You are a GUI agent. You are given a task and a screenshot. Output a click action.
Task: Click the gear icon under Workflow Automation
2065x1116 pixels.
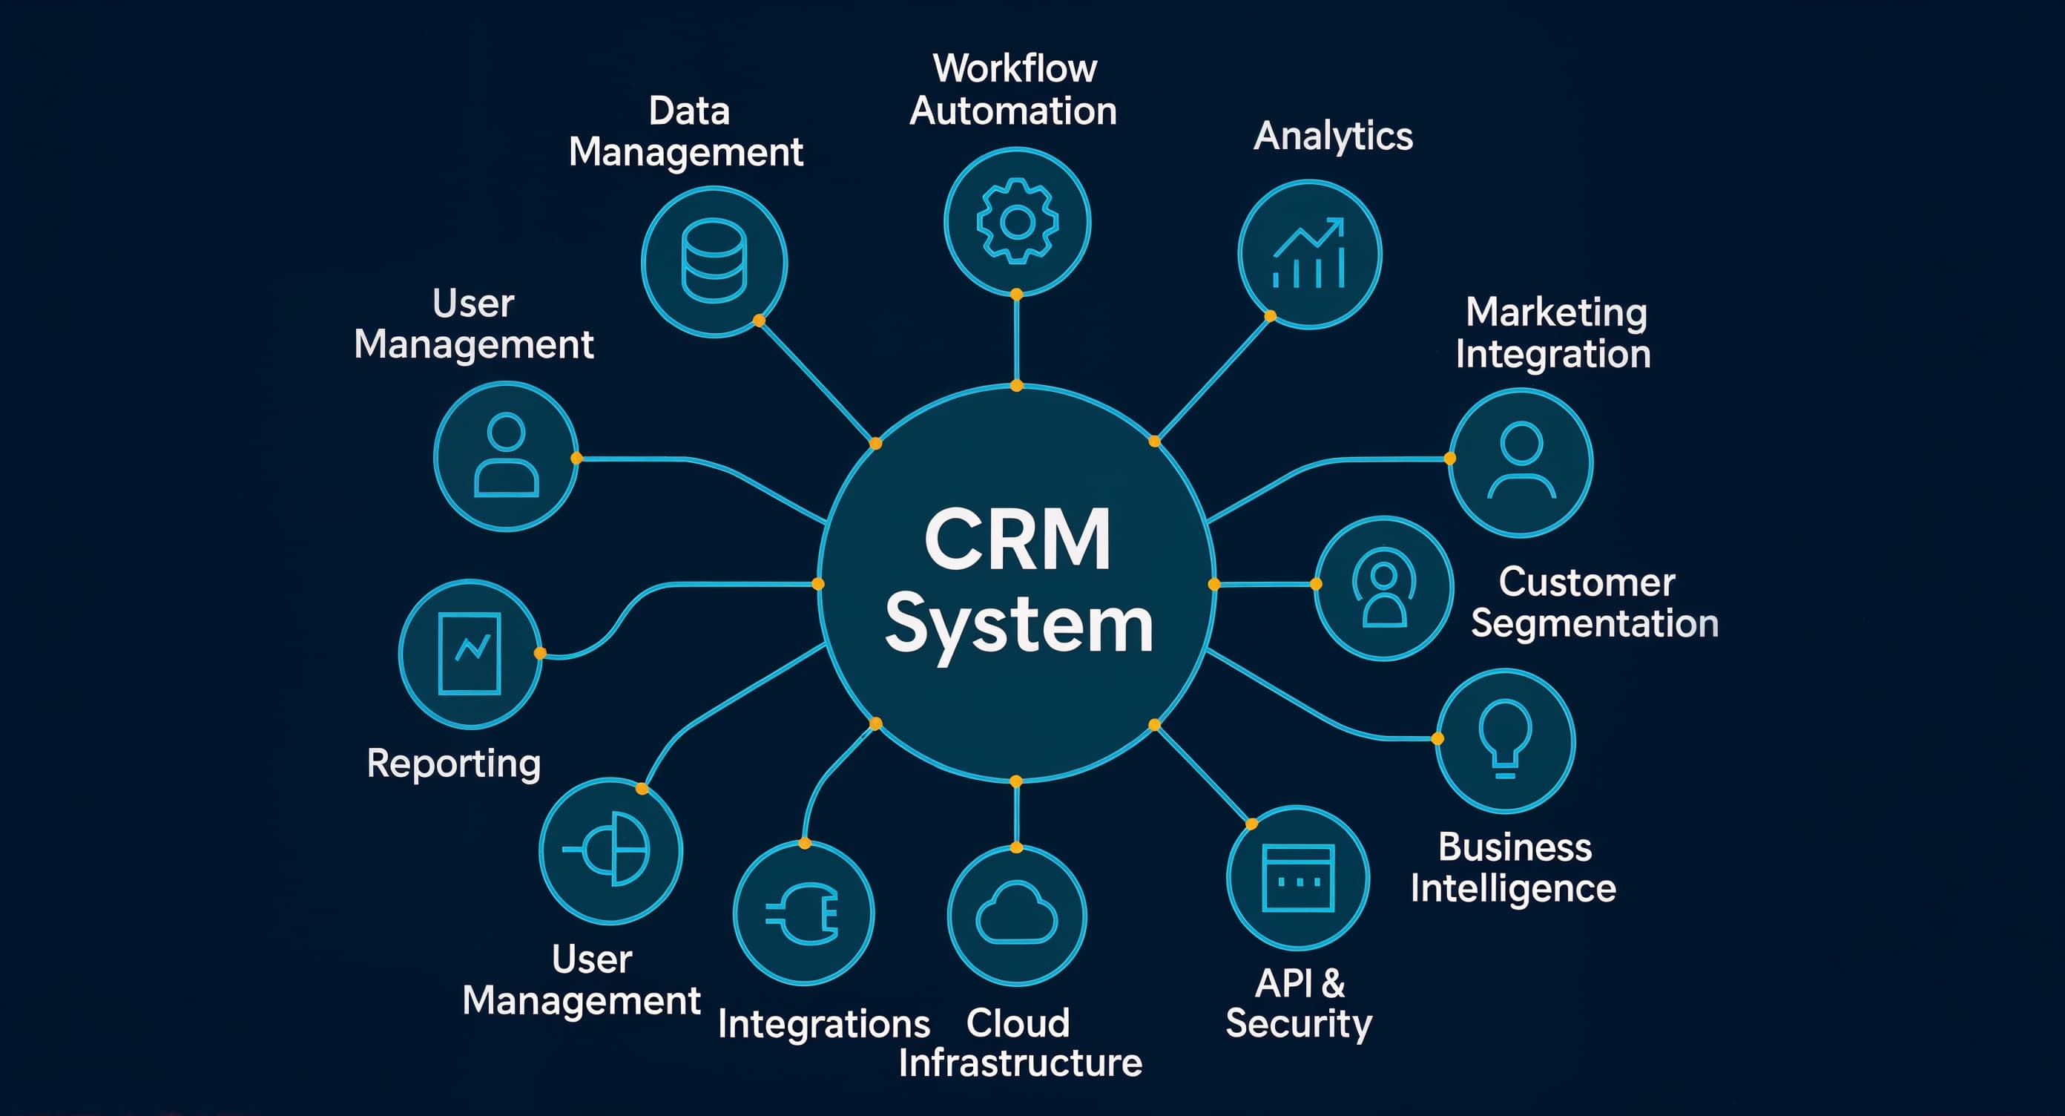click(1016, 221)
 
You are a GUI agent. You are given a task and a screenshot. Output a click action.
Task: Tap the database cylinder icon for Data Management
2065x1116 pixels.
click(714, 261)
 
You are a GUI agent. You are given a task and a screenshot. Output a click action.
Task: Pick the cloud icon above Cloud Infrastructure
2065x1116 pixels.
click(1016, 914)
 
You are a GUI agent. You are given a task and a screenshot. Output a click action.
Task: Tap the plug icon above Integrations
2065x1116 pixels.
click(803, 913)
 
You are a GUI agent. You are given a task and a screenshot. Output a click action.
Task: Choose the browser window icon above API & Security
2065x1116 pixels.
click(1298, 878)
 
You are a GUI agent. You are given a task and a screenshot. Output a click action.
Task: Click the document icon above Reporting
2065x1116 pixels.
click(470, 654)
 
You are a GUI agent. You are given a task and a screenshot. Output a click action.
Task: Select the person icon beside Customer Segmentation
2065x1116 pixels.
click(1383, 588)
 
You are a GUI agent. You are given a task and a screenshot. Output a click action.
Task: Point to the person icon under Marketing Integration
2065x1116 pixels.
click(1521, 462)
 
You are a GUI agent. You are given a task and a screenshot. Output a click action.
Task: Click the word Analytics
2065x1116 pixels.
click(1332, 137)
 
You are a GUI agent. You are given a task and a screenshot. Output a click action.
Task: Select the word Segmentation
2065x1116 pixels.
click(1595, 624)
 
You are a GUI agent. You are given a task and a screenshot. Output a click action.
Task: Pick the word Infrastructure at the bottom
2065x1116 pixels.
click(1020, 1063)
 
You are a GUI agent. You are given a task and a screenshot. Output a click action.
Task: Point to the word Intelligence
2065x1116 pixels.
click(1512, 888)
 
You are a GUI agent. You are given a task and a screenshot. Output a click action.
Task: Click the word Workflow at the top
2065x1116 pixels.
click(1015, 68)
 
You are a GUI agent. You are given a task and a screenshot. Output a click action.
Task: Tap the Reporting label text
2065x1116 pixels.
click(454, 764)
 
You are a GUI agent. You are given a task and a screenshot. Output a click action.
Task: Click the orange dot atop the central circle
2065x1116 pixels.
click(1016, 386)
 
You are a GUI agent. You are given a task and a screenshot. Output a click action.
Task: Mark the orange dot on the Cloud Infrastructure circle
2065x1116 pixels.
click(1016, 847)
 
